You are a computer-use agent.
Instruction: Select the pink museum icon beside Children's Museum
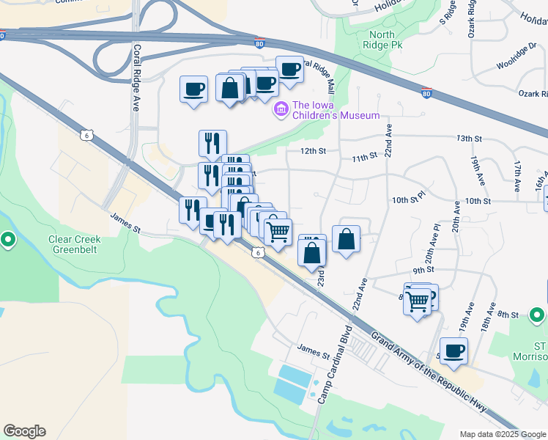pos(280,110)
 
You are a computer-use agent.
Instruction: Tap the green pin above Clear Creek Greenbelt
pos(8,239)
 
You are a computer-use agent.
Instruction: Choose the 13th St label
pos(469,138)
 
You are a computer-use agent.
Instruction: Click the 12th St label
pos(311,151)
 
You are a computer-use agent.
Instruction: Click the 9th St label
pos(424,270)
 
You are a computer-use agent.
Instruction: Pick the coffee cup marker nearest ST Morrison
pos(453,351)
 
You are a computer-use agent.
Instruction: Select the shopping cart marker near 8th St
pos(417,300)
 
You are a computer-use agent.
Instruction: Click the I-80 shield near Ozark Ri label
pos(427,93)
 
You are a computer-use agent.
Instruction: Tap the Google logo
pos(24,431)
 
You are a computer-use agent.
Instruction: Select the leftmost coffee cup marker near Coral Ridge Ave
pos(194,90)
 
